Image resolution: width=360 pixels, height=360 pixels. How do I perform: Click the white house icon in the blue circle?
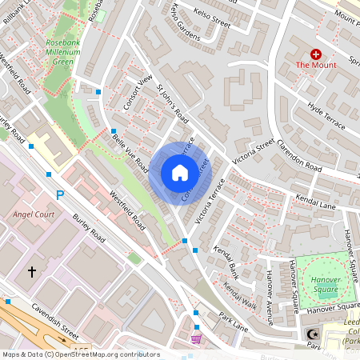(x=179, y=172)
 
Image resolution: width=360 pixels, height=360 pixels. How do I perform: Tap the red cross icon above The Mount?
(x=315, y=54)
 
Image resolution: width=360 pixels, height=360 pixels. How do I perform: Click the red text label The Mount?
(x=315, y=65)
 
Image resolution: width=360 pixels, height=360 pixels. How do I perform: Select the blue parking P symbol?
(x=59, y=195)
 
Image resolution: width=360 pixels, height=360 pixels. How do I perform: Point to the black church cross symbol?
(x=32, y=272)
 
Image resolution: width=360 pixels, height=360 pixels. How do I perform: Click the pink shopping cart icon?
(x=196, y=339)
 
